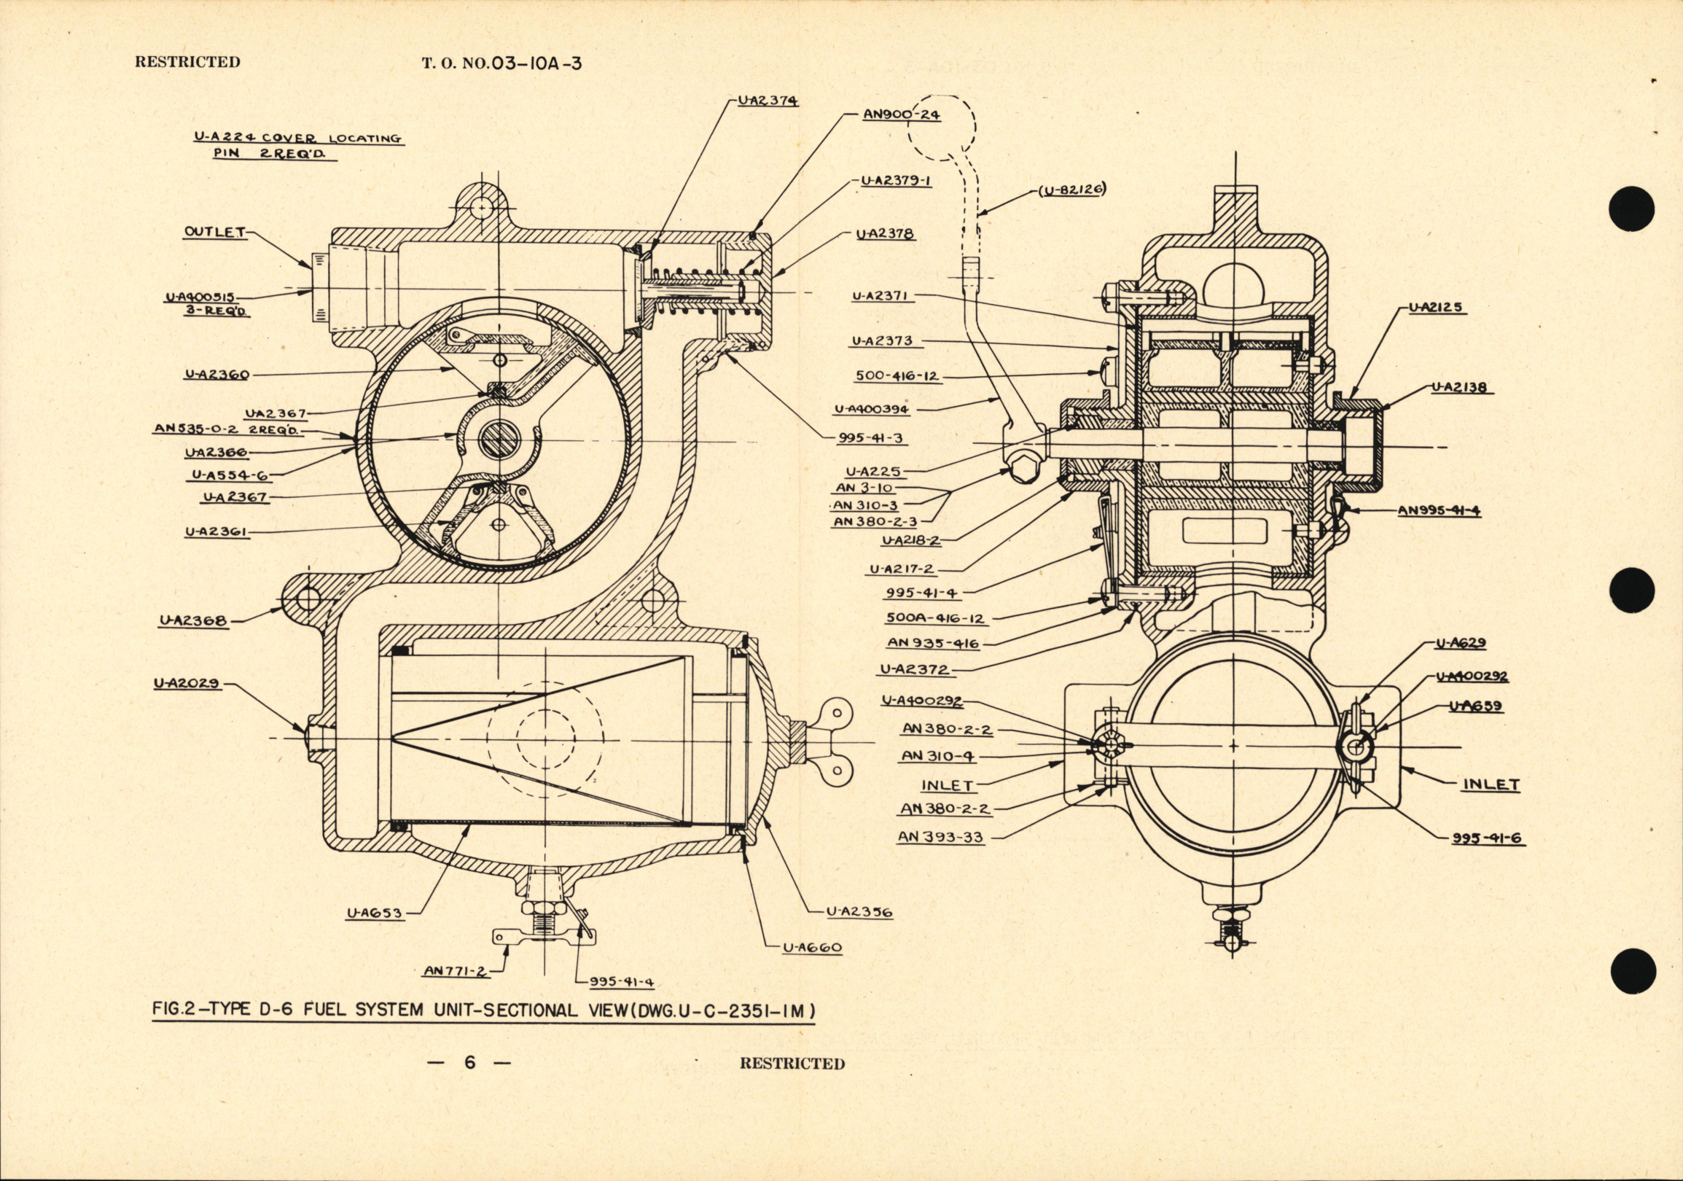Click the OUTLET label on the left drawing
point(214,233)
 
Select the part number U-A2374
point(768,102)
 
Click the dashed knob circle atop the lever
point(942,138)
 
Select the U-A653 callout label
point(382,913)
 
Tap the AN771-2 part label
point(455,970)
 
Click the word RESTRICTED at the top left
point(187,62)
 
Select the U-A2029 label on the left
point(187,684)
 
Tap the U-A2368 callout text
point(192,622)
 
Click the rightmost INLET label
point(1491,784)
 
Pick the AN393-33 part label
point(940,836)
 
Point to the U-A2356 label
point(859,913)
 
